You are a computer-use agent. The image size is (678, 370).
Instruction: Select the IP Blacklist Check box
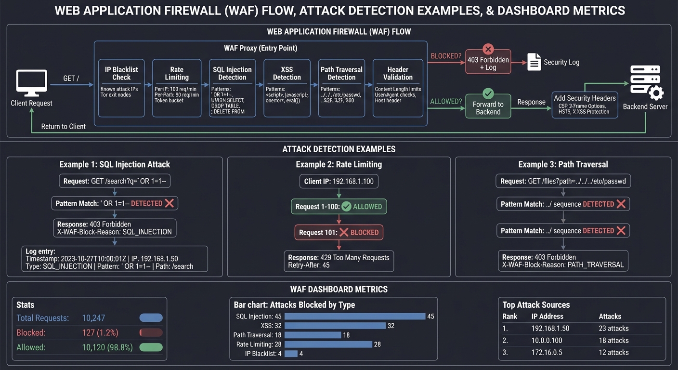[121, 88]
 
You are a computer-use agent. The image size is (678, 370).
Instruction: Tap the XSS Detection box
[287, 88]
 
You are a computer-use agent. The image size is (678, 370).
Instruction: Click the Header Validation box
[398, 88]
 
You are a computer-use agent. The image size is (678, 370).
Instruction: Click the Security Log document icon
[534, 62]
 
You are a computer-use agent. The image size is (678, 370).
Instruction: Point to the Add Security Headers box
[585, 104]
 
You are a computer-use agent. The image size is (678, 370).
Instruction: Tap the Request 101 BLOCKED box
[339, 232]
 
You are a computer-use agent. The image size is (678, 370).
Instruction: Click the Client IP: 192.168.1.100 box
[339, 182]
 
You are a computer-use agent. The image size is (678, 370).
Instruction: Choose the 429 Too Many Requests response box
[339, 261]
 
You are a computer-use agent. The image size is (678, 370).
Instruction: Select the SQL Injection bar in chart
[355, 317]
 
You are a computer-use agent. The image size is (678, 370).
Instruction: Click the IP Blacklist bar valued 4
[291, 354]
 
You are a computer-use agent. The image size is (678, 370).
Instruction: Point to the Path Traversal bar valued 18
[313, 335]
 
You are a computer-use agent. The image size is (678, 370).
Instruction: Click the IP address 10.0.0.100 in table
[547, 341]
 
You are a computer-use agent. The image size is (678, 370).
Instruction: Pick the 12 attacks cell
[613, 353]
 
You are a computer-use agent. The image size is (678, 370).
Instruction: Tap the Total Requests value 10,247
[93, 318]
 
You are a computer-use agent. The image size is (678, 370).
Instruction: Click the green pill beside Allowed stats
[151, 347]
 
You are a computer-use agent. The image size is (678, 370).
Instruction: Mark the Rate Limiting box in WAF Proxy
[177, 88]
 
